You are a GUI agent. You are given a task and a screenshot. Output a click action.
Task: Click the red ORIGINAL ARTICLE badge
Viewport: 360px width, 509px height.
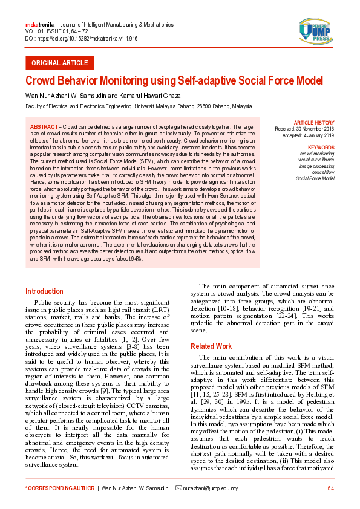59,63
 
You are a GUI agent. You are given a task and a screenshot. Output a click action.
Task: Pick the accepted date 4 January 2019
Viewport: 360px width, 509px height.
321,135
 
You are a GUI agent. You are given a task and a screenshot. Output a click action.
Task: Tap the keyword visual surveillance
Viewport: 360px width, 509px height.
316,160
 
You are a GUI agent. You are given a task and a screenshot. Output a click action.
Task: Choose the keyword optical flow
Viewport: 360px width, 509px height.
322,172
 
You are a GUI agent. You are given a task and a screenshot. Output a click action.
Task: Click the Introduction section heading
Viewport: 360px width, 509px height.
44,291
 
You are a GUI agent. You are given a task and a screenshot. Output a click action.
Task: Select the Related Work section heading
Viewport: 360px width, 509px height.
211,346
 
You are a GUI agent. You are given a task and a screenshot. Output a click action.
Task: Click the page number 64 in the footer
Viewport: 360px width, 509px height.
330,488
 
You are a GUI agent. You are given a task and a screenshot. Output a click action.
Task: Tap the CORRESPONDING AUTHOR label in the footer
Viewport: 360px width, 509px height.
59,488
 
